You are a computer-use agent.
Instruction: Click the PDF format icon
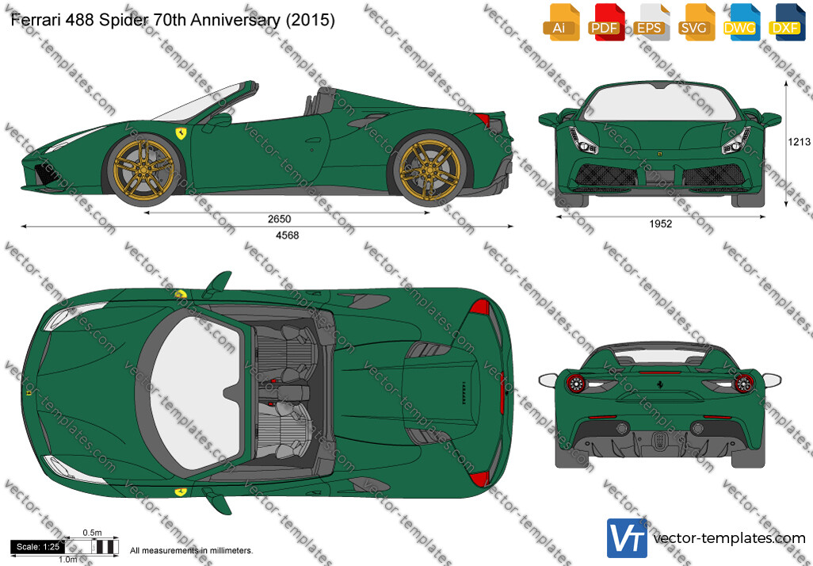click(604, 21)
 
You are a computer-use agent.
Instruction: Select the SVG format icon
click(695, 21)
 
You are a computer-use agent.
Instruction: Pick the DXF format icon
click(785, 21)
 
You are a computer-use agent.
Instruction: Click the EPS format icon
click(649, 21)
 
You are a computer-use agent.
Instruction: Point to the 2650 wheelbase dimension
click(280, 220)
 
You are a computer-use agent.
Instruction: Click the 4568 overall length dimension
click(288, 235)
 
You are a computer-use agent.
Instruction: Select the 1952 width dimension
click(661, 224)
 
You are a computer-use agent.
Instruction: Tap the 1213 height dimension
click(799, 142)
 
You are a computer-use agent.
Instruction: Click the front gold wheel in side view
click(144, 165)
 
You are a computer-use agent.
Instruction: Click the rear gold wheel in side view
click(430, 167)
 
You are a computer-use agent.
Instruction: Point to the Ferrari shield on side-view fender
click(181, 133)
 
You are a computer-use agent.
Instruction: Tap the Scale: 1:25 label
click(37, 547)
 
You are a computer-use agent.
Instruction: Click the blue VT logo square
click(627, 538)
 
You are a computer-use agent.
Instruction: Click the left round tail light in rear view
click(576, 383)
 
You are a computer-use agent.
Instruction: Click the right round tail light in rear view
click(744, 383)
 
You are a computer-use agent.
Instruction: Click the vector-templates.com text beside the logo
click(730, 538)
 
